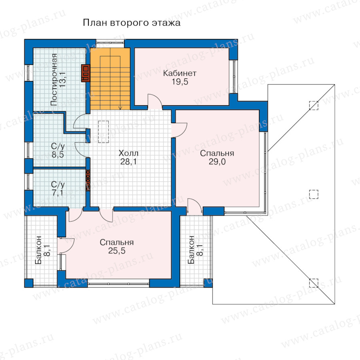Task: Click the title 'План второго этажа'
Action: click(132, 23)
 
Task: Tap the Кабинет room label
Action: click(180, 73)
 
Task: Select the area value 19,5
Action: click(180, 82)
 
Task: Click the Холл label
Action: click(128, 153)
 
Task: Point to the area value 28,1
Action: click(128, 162)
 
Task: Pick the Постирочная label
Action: click(54, 80)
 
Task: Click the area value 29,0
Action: click(217, 162)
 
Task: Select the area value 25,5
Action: click(117, 251)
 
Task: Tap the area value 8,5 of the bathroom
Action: click(58, 154)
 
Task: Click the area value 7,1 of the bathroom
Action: click(58, 193)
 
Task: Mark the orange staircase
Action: click(110, 79)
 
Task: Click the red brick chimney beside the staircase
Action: click(86, 73)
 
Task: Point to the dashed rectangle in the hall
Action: click(104, 132)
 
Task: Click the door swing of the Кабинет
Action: click(154, 102)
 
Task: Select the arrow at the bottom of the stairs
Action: click(120, 108)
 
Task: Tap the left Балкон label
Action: click(42, 250)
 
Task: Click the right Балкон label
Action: click(195, 250)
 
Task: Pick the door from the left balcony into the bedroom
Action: click(66, 246)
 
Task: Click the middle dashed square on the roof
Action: click(314, 194)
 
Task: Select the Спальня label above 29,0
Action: click(217, 153)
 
